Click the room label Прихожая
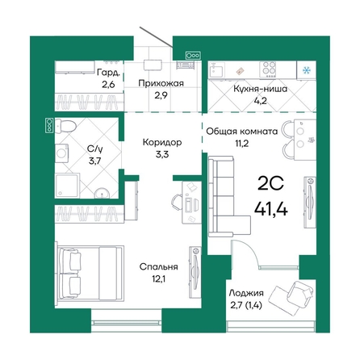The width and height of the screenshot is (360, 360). click(x=161, y=83)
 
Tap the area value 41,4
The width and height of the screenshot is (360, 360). click(x=271, y=208)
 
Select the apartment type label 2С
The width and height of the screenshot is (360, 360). click(x=270, y=184)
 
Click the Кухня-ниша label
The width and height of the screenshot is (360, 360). click(x=260, y=89)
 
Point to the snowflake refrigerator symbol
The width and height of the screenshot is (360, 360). click(x=306, y=70)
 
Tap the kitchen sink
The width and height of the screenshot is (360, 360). click(x=217, y=69)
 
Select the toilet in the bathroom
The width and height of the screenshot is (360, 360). click(x=65, y=126)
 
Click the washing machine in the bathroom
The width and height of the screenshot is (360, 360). click(x=62, y=153)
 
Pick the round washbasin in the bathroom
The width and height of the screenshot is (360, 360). click(x=102, y=193)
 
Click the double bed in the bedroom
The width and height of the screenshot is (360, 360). click(x=90, y=273)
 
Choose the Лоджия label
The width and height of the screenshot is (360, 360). click(x=246, y=293)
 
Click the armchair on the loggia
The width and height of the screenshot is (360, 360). click(x=300, y=292)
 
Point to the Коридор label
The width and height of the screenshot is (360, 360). click(x=162, y=142)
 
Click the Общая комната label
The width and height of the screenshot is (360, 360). click(x=241, y=132)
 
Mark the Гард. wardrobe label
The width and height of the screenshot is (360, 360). click(x=108, y=73)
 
